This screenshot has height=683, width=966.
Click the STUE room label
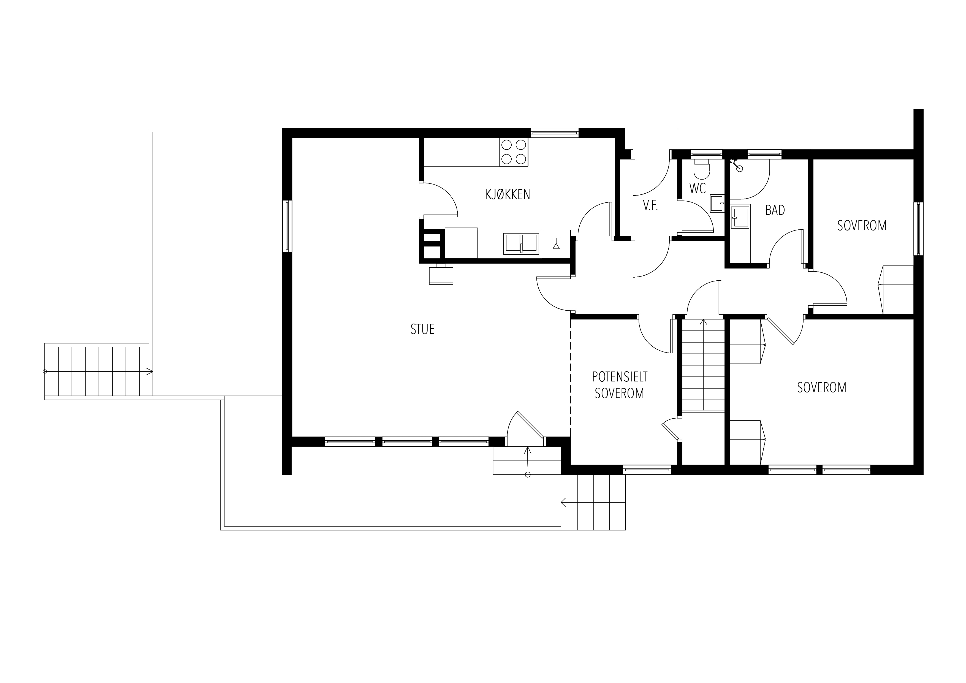(422, 329)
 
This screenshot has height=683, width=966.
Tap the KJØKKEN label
(508, 194)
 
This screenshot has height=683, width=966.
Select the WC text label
(698, 188)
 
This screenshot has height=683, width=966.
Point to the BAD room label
(775, 210)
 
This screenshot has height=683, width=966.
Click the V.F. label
(650, 206)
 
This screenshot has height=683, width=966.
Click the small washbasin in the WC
(717, 203)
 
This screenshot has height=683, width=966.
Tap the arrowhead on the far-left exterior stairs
(149, 372)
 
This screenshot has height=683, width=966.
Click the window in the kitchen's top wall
(555, 133)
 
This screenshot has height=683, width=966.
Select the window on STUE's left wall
(287, 226)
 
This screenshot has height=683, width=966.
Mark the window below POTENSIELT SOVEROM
(647, 470)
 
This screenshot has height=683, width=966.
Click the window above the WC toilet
(707, 154)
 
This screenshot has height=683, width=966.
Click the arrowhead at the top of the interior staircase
(703, 322)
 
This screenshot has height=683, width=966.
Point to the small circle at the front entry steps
(528, 475)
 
